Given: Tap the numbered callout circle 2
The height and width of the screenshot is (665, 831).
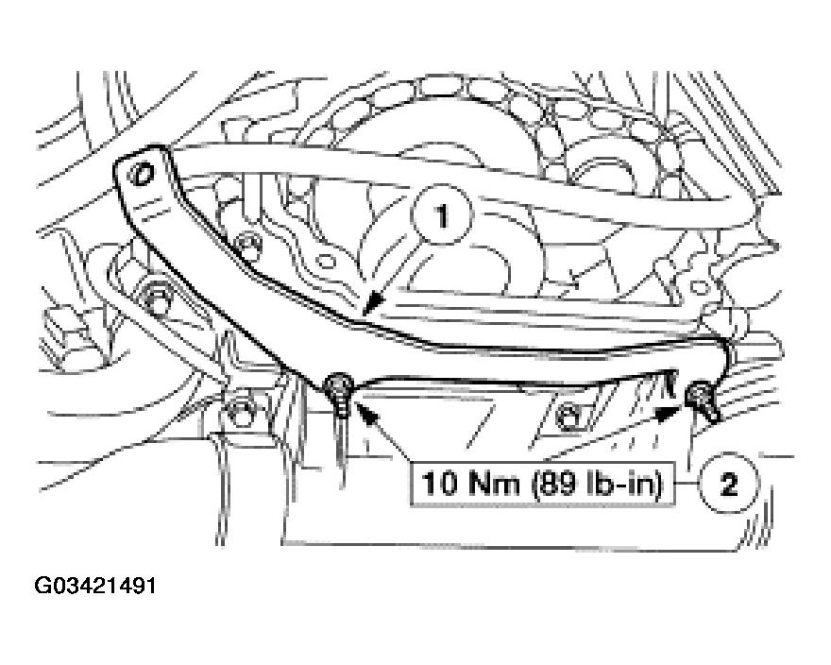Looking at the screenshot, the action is coord(729,483).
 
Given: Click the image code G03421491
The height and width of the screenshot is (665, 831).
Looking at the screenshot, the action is coord(94,586).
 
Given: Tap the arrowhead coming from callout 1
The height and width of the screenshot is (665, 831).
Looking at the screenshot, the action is coord(374,303).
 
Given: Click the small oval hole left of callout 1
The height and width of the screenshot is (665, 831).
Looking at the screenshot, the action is coord(324,261).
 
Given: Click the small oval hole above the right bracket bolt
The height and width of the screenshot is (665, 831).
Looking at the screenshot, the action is coord(701,287).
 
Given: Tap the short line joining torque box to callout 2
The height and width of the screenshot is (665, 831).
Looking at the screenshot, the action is coord(687,483).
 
